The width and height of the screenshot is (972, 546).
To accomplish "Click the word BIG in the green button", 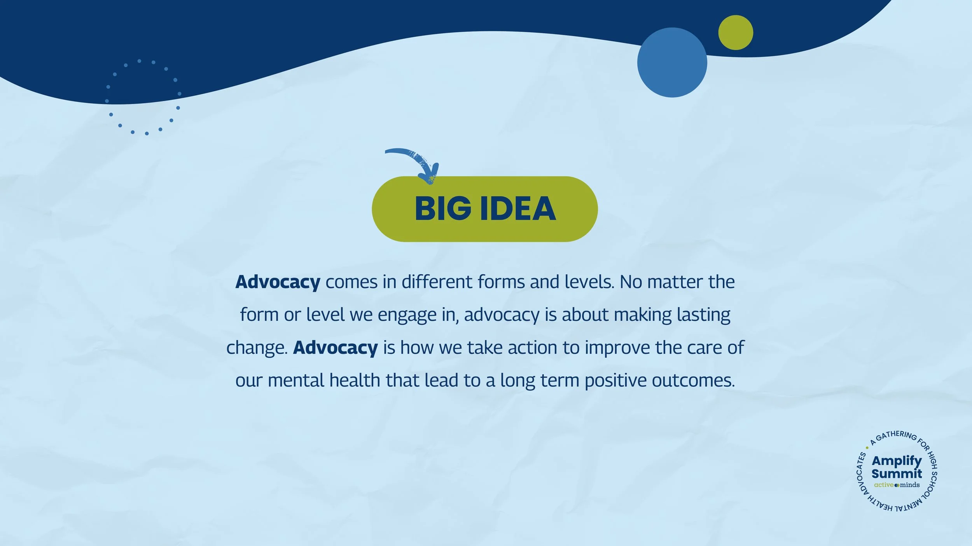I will click(x=443, y=209).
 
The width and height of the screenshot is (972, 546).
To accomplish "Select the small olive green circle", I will click(x=735, y=33).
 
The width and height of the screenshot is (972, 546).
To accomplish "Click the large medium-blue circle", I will click(x=672, y=62).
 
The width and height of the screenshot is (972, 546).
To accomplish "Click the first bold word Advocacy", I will click(x=278, y=282).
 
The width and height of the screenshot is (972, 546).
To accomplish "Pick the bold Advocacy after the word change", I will click(x=335, y=348).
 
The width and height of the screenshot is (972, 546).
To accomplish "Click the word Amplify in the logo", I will click(x=897, y=461).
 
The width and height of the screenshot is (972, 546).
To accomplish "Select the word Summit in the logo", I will click(x=897, y=474).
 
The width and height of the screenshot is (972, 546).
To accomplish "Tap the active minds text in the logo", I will click(x=897, y=485).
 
